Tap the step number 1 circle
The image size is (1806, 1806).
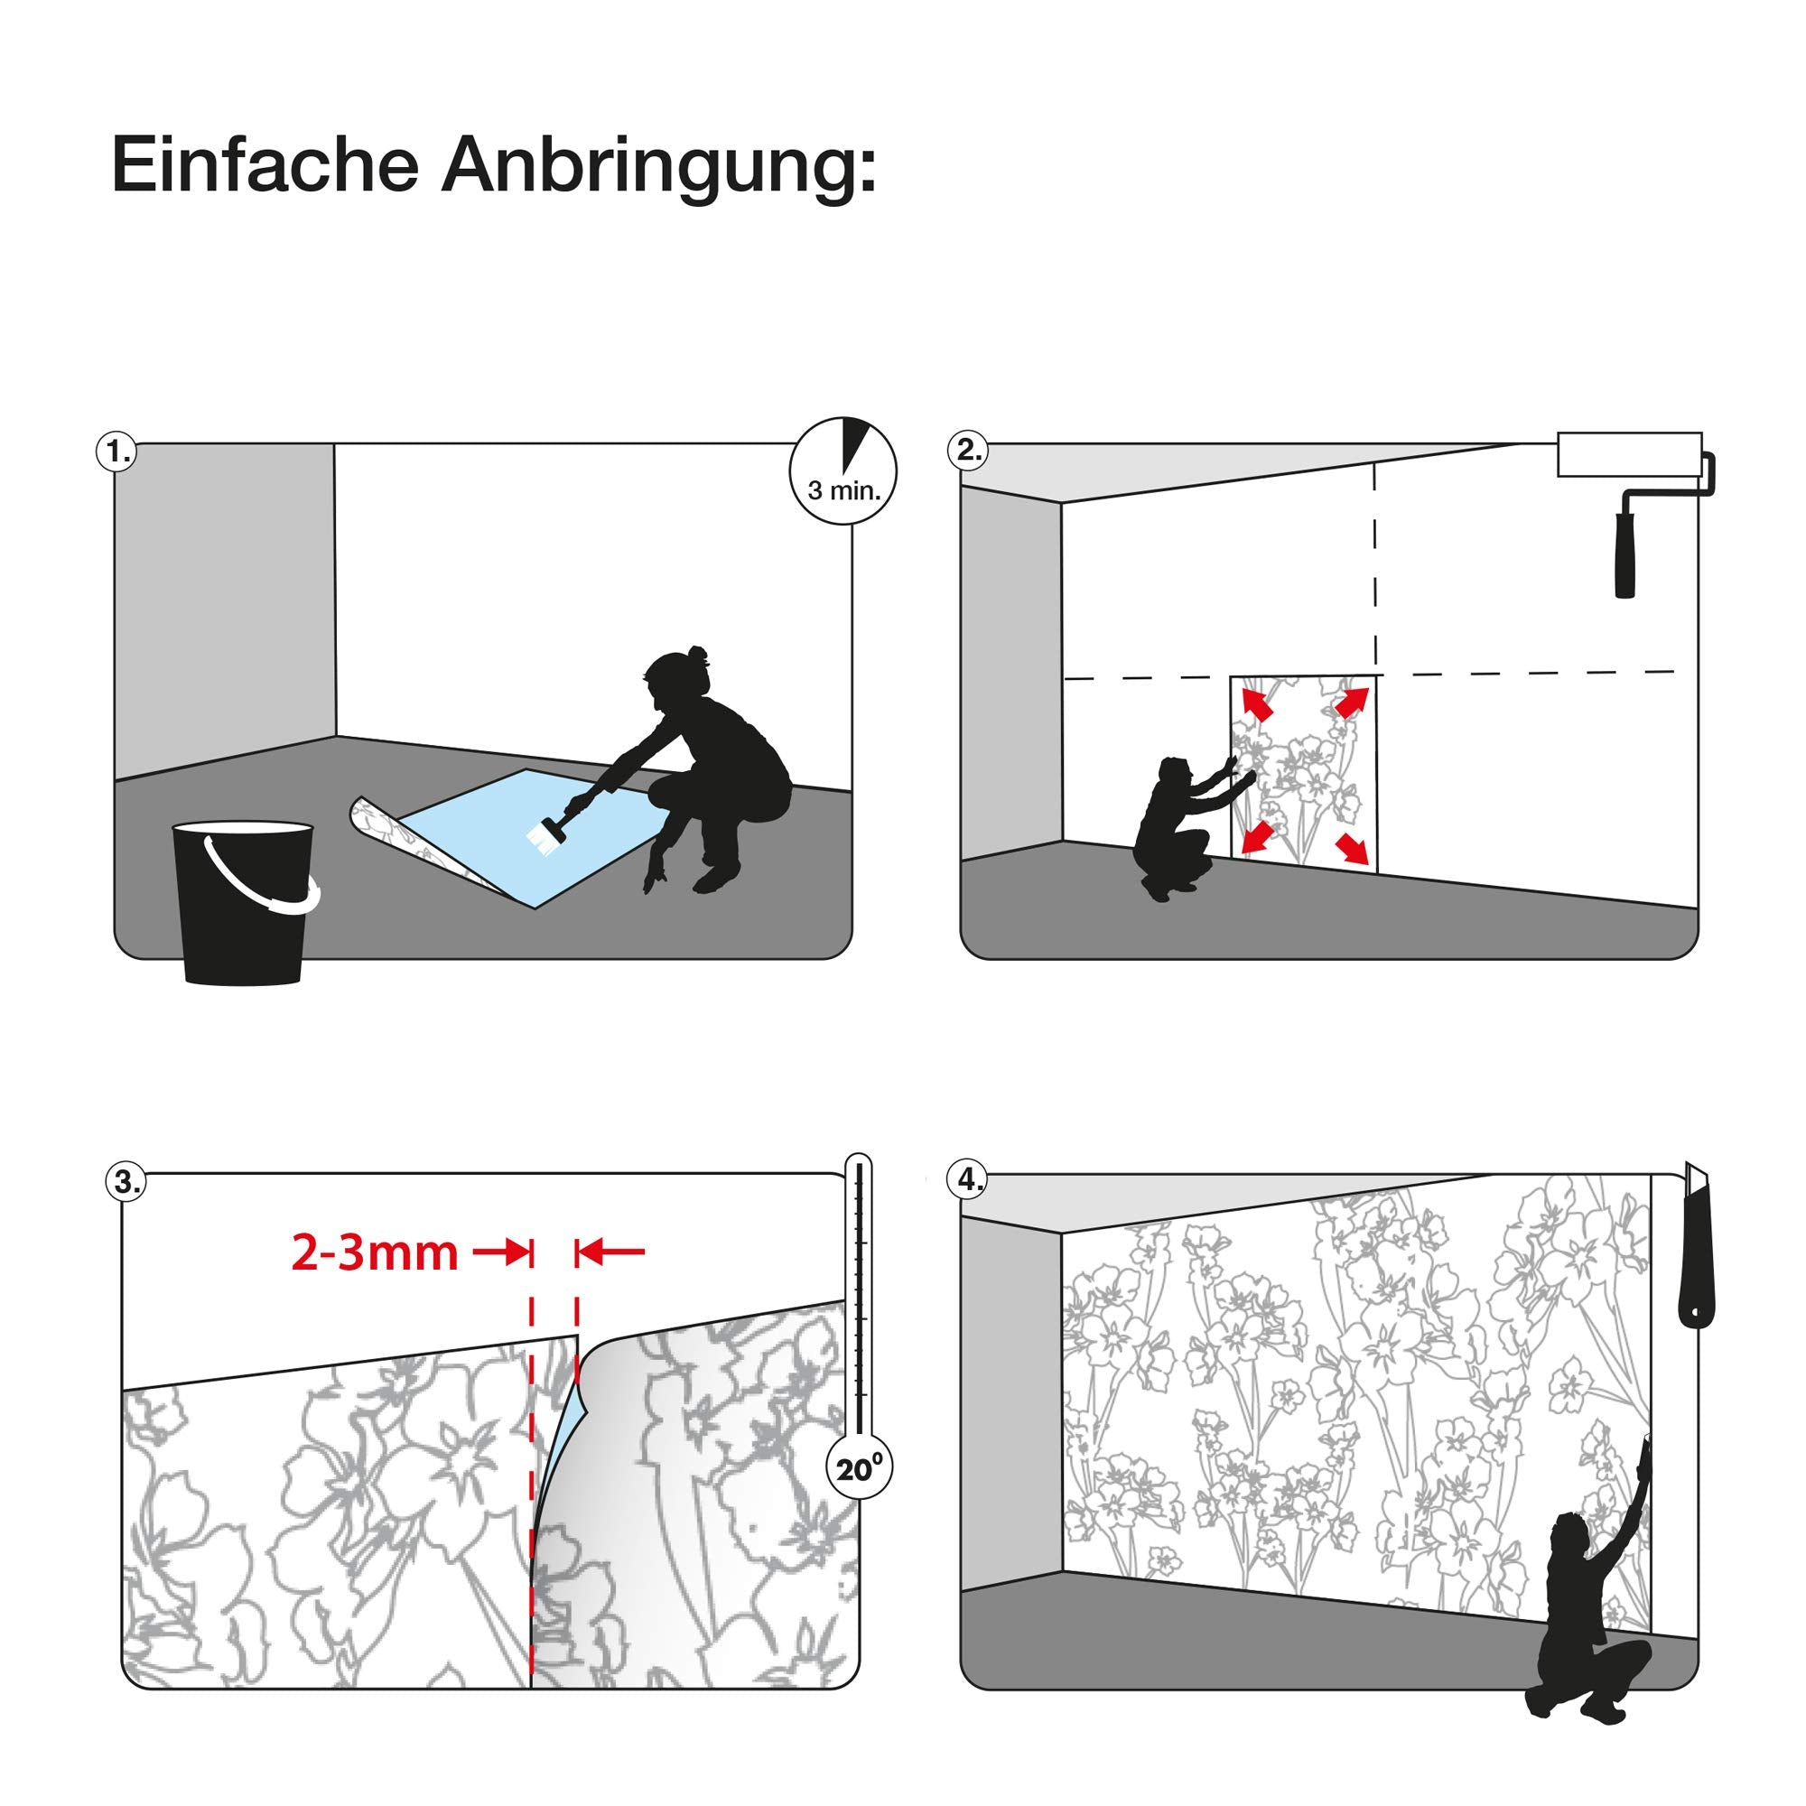click(x=116, y=451)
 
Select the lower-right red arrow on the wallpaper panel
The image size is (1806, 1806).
click(x=1352, y=848)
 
